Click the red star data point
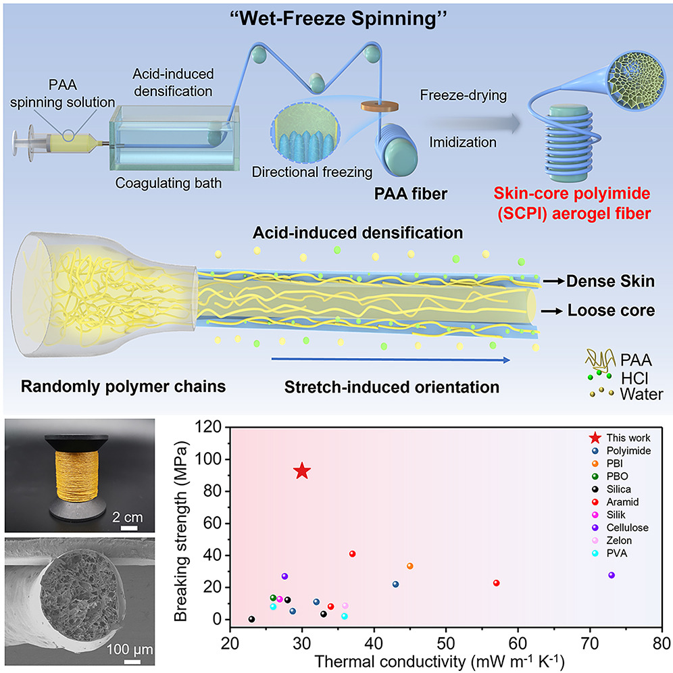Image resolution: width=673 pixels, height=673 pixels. coord(302,471)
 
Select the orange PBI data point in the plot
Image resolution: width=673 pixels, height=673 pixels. coord(410,566)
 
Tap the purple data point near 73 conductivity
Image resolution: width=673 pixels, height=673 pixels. coord(612,575)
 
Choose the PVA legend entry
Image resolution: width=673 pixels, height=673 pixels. coord(609,553)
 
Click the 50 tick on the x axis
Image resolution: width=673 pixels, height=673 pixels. coord(446,644)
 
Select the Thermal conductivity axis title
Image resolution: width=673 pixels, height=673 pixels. coord(439,662)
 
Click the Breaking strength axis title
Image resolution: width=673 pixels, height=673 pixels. coord(180,531)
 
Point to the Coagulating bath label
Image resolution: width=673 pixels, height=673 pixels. coord(168,183)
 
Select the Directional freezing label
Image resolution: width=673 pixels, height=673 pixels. coord(312,172)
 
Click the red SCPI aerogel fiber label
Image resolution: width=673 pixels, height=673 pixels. coord(572,203)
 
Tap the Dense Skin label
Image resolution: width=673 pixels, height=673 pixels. coord(610,281)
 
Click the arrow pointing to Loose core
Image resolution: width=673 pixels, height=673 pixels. coord(551,311)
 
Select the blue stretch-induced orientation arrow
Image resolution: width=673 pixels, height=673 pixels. coord(391,359)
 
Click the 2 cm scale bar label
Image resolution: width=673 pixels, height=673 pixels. coord(127,517)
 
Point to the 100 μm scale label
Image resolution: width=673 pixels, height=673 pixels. coord(130,649)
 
